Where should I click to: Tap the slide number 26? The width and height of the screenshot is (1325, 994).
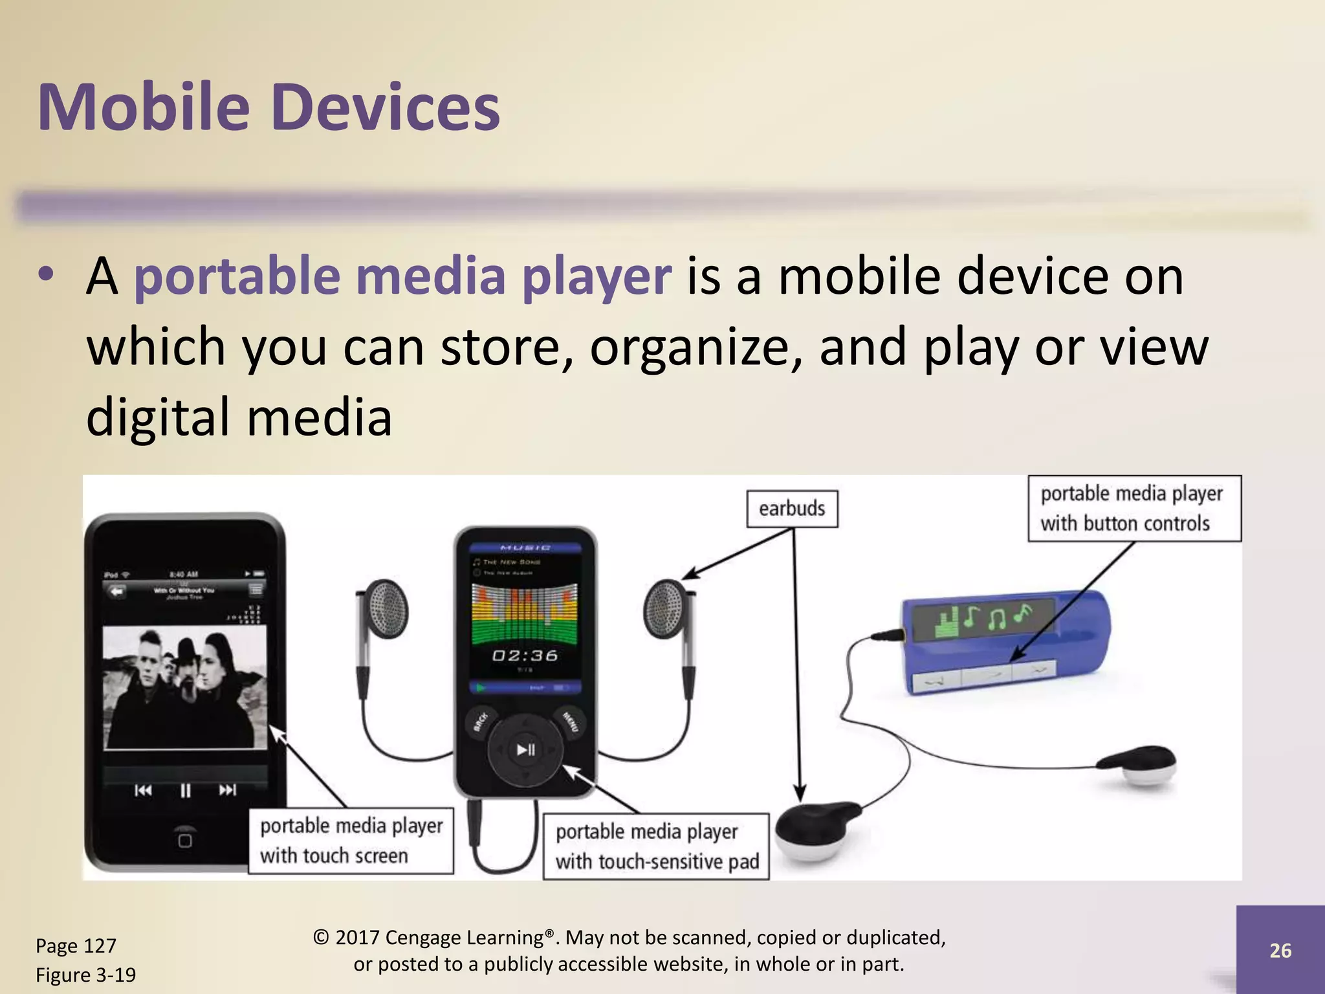[x=1280, y=951]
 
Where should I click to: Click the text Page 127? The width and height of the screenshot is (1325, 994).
[x=76, y=946]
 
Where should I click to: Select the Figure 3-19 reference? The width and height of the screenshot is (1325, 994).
[x=85, y=975]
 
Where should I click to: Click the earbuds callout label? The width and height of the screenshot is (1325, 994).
[x=792, y=509]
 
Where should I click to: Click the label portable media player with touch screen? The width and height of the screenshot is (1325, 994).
[x=351, y=841]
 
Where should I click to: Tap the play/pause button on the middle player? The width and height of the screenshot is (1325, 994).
[x=525, y=750]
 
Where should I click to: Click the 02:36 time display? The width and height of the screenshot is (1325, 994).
[x=525, y=656]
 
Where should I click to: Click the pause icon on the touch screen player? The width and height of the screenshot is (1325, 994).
[x=186, y=790]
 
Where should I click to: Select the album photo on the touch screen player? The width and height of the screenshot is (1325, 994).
[x=185, y=687]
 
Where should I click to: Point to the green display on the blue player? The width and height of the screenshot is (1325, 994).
[x=983, y=619]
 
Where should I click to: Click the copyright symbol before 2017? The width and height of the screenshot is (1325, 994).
[x=321, y=938]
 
